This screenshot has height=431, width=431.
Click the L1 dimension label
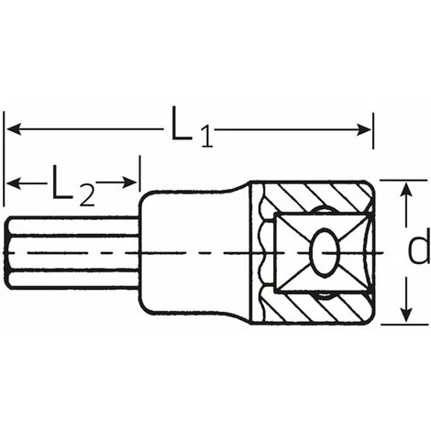tap(192, 127)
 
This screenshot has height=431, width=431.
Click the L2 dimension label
tap(73, 185)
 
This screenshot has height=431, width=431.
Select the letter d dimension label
tap(419, 250)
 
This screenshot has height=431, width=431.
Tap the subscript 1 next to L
tap(206, 137)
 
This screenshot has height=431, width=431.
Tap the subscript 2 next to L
tap(87, 195)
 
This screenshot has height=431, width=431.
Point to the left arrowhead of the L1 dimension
tap(14, 128)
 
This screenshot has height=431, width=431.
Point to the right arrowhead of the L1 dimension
tap(364, 129)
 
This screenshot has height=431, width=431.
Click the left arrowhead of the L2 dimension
tap(14, 183)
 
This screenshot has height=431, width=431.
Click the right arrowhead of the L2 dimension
tap(129, 182)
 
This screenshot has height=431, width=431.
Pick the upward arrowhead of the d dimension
tap(405, 190)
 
